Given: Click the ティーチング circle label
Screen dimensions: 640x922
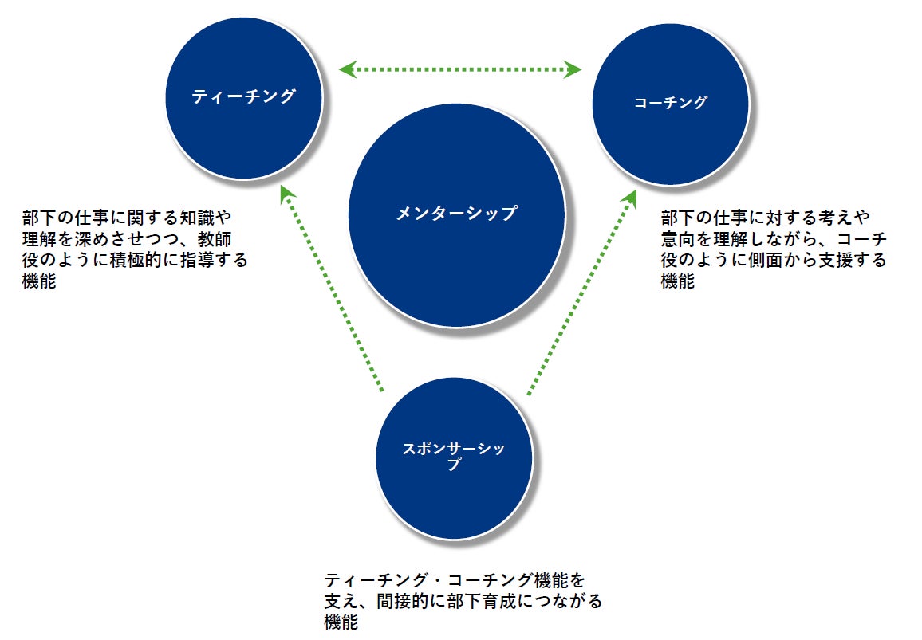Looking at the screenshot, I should (x=243, y=97).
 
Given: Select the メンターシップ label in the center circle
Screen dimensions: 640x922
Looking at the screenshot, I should (x=456, y=214).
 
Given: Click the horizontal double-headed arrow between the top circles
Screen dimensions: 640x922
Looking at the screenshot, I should (x=460, y=70).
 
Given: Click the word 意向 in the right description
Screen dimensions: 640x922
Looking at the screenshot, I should (x=678, y=238).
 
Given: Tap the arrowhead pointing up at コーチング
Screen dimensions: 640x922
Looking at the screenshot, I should (x=630, y=196).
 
